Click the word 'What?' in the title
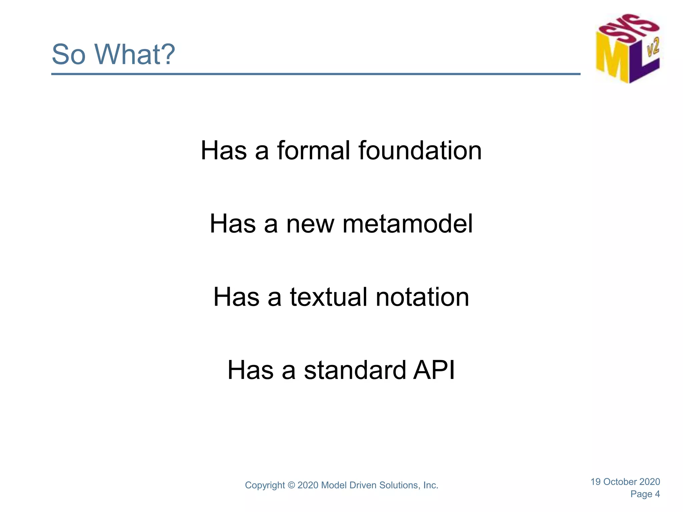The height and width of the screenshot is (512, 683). (x=134, y=54)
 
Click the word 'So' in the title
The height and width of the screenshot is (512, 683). (x=69, y=54)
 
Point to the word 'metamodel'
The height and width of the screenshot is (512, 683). (x=408, y=224)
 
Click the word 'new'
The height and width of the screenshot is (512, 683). (x=310, y=224)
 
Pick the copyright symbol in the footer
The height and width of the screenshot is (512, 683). (x=291, y=485)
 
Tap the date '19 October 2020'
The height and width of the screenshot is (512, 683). (x=625, y=482)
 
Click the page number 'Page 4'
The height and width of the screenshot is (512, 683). (x=645, y=494)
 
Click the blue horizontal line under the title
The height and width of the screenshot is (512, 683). (x=315, y=74)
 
